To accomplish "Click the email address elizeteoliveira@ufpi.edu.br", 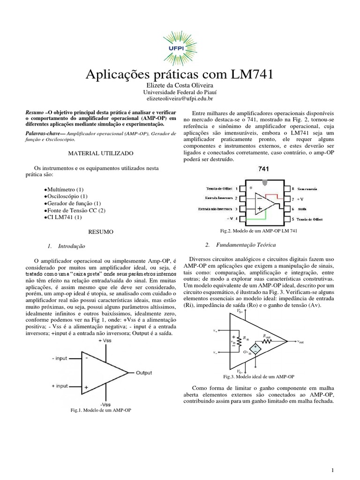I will click(180, 99).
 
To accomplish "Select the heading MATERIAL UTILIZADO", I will click(101, 153).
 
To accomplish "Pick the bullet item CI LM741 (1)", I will click(63, 217).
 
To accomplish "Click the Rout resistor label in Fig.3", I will click(266, 336).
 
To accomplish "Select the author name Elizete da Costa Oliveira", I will click(180, 86).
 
